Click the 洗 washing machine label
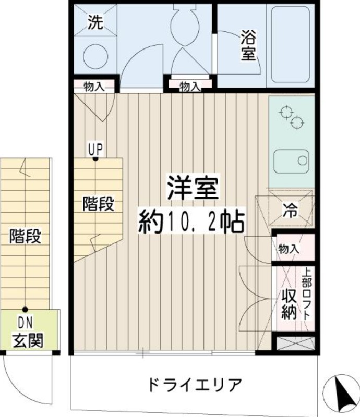click(95, 22)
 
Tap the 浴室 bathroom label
click(248, 45)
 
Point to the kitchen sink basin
click(292, 161)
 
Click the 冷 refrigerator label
click(290, 210)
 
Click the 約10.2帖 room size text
click(191, 221)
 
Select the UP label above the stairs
click(95, 150)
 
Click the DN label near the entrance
click(25, 323)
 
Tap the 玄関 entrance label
click(28, 340)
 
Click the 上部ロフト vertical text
click(307, 295)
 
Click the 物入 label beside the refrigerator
click(289, 249)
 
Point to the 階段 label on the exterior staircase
click(25, 236)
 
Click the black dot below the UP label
click(95, 159)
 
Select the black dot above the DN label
click(25, 310)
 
